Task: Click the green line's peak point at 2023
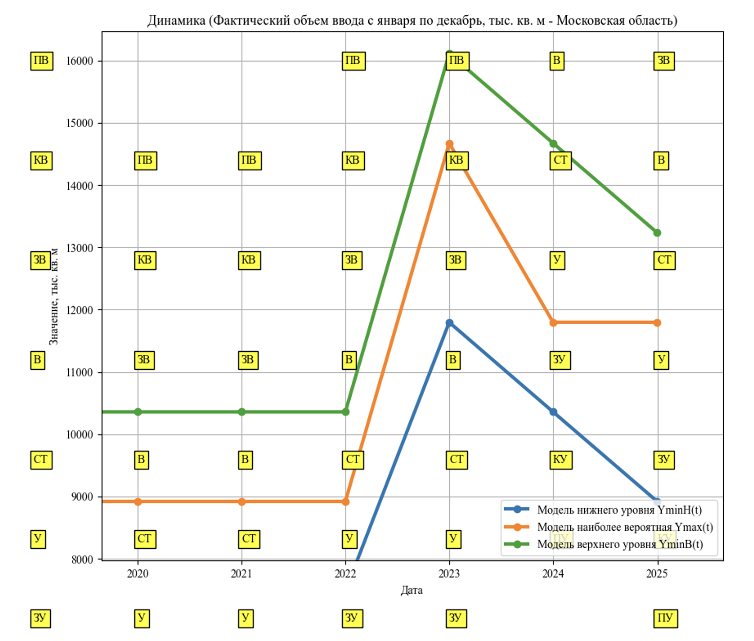pos(449,54)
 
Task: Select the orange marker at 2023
pos(449,144)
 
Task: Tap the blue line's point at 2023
pos(449,323)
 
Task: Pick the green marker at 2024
pos(553,144)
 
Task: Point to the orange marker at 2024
pos(553,323)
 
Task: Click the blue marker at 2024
pos(553,412)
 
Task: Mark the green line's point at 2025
pos(657,233)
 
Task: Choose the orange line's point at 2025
pos(657,323)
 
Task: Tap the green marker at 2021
pos(242,412)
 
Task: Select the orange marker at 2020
pos(138,502)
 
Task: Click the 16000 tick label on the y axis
pos(80,61)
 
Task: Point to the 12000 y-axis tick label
pos(80,310)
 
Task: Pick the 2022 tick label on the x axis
pos(345,574)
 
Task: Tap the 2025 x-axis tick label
pos(657,574)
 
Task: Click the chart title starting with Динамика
pos(412,21)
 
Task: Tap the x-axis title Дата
pos(412,590)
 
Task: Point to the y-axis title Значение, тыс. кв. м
pos(54,296)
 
